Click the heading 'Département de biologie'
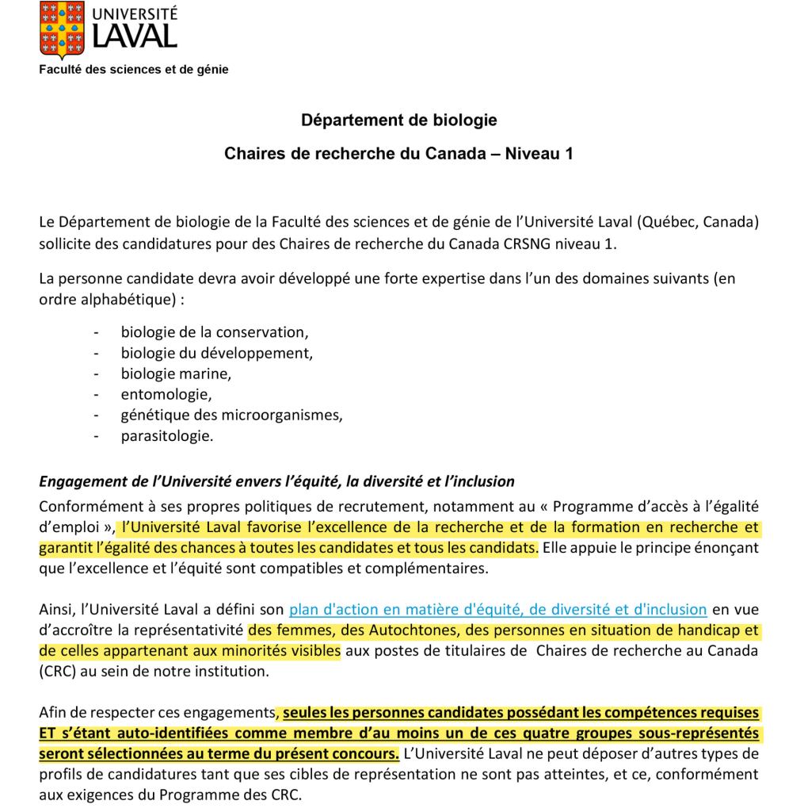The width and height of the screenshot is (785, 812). pos(399,121)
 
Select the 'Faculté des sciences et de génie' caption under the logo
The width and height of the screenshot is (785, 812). pos(134,70)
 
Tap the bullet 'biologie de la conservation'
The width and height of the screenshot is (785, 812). pos(213,331)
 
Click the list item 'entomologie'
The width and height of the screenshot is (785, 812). pos(166,393)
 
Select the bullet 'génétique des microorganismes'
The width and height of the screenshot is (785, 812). pos(232,413)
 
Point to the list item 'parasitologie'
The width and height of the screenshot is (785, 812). pos(166,434)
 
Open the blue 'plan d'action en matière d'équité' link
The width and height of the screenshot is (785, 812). pos(497,610)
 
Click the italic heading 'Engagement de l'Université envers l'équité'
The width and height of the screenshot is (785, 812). pos(277,481)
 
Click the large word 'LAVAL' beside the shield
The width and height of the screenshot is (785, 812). pos(135,36)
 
